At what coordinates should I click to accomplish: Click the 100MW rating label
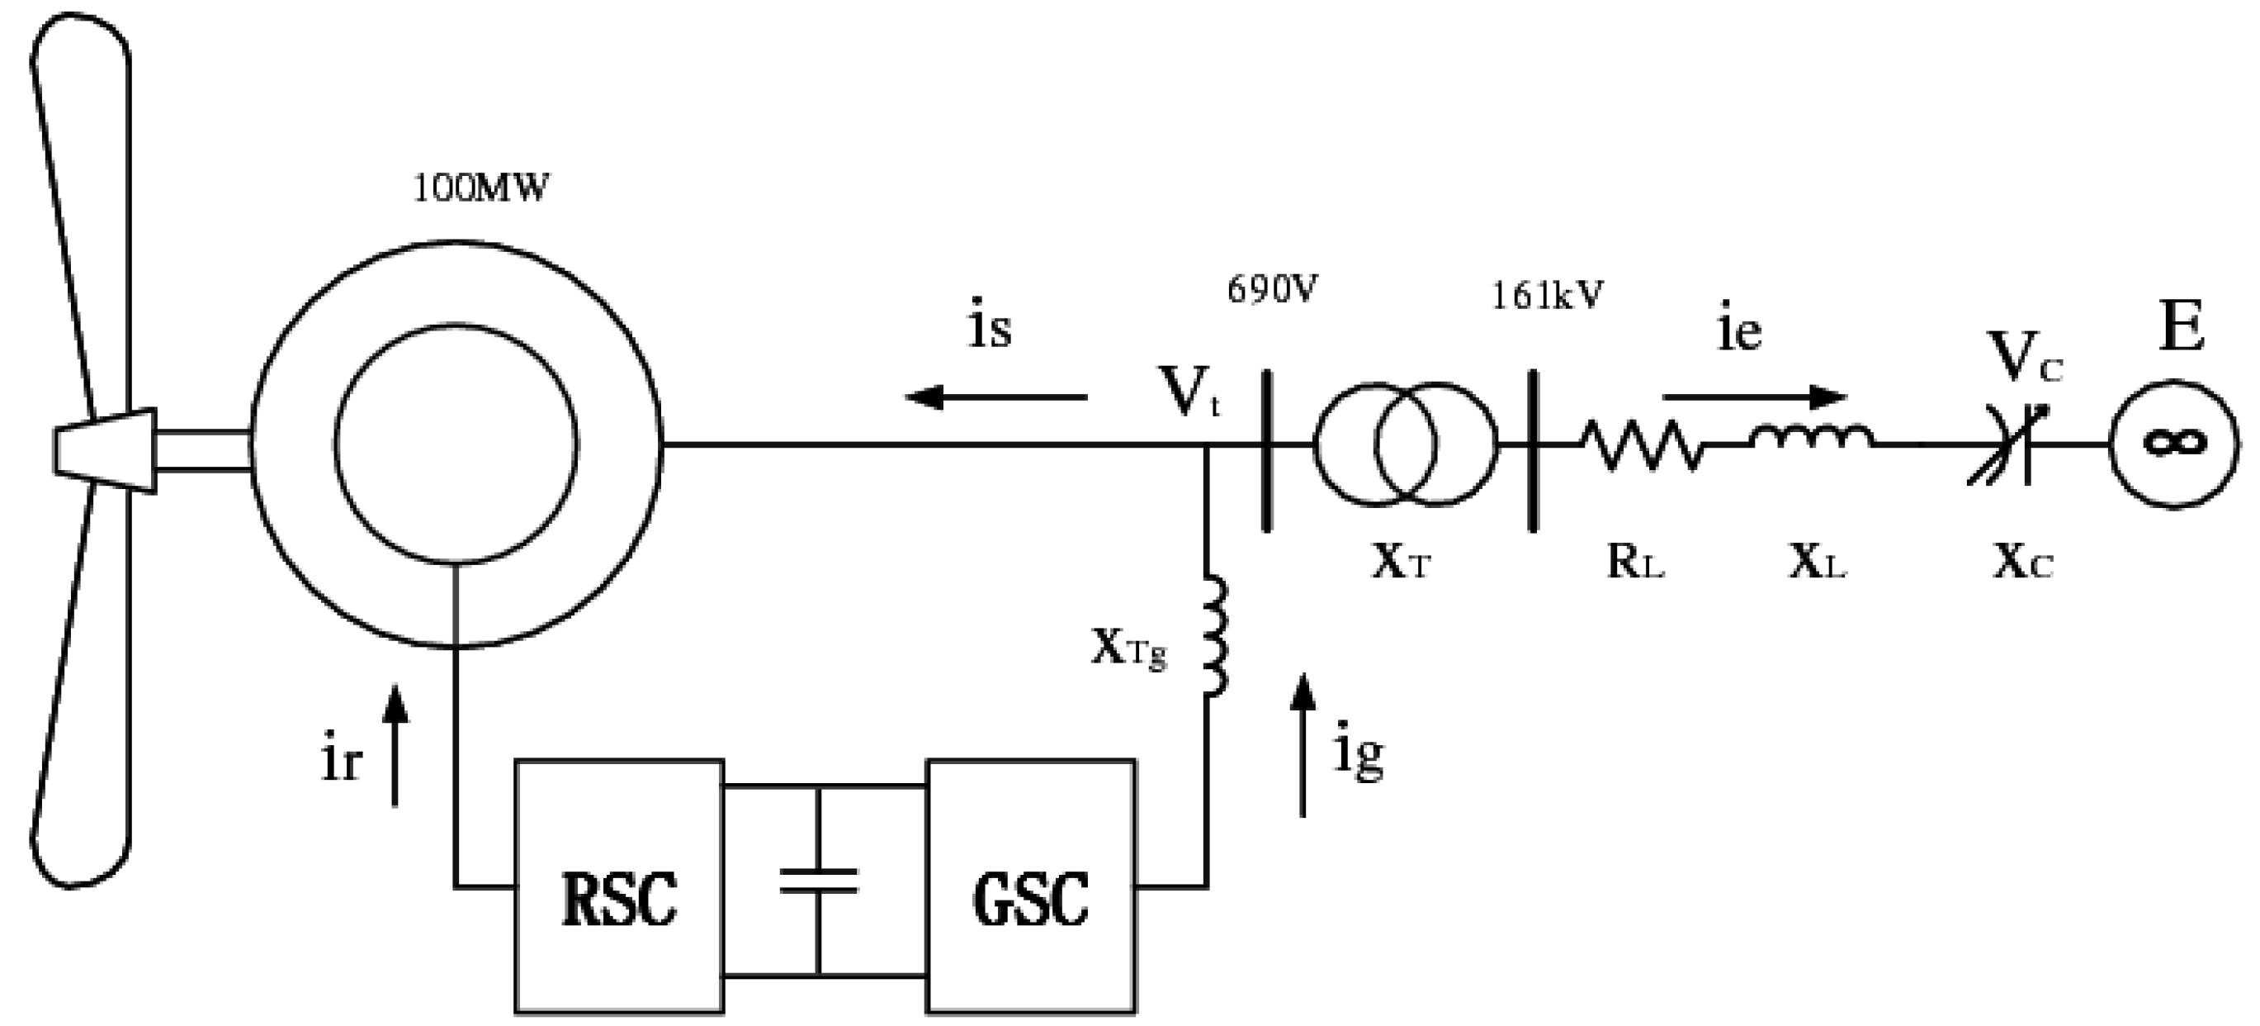[x=480, y=188]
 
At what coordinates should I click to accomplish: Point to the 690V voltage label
[x=1272, y=290]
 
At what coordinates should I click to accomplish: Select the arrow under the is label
[x=995, y=397]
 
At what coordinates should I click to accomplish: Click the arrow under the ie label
[x=1755, y=397]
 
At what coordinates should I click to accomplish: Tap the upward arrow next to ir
[x=395, y=746]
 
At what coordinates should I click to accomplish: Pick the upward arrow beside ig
[x=1303, y=746]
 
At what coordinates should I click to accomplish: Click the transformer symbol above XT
[x=1406, y=445]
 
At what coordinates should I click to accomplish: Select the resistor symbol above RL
[x=1643, y=445]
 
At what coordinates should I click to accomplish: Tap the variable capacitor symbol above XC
[x=2009, y=445]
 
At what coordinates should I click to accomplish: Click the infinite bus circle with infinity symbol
[x=2173, y=444]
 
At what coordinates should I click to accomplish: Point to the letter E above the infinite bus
[x=2182, y=326]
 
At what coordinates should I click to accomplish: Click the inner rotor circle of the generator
[x=456, y=444]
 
